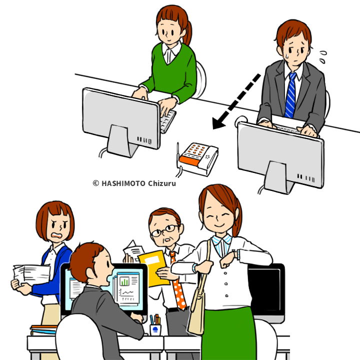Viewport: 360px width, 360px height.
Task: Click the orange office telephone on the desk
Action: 198,158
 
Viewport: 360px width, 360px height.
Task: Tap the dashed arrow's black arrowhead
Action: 218,123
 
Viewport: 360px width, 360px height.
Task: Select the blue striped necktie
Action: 290,95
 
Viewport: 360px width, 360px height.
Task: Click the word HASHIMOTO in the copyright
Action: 123,183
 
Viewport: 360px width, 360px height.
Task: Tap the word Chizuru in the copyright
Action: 162,183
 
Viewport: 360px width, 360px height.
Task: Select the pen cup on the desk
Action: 155,329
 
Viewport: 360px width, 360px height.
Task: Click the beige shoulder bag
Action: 197,307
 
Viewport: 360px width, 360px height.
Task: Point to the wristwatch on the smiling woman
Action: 236,253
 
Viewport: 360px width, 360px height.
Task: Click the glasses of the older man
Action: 165,230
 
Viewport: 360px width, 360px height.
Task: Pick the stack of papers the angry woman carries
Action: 31,275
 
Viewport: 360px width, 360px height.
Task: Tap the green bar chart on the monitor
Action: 124,281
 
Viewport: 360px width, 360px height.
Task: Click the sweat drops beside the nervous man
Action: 323,56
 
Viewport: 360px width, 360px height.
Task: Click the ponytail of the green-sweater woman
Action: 188,32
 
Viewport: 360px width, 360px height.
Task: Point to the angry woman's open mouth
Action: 56,235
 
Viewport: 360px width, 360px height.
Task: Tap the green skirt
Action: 229,333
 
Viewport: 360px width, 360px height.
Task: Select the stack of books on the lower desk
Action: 43,329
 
